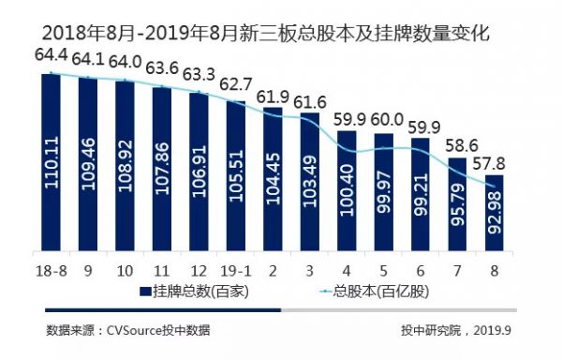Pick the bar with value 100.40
[x=346, y=191]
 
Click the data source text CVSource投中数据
[x=127, y=329]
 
